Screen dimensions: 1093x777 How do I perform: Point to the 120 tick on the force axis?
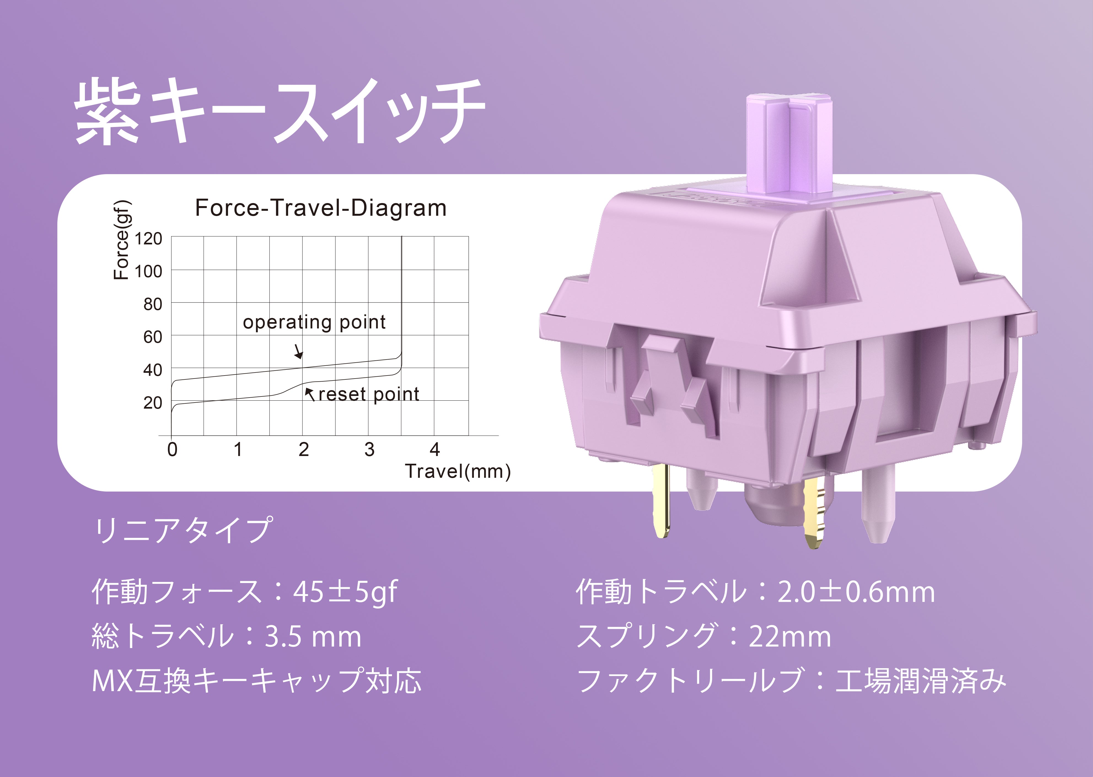click(148, 238)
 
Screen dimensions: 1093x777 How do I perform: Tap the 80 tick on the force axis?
click(153, 304)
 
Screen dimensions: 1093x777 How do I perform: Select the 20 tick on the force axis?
click(153, 403)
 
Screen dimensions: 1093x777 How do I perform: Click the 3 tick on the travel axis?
click(369, 450)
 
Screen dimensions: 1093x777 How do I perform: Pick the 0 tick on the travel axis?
click(172, 450)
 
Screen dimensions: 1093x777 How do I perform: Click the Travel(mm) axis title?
click(458, 472)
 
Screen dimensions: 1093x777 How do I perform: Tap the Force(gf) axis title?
click(122, 239)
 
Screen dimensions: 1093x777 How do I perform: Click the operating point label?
click(314, 322)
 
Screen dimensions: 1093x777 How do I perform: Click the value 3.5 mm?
click(313, 637)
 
